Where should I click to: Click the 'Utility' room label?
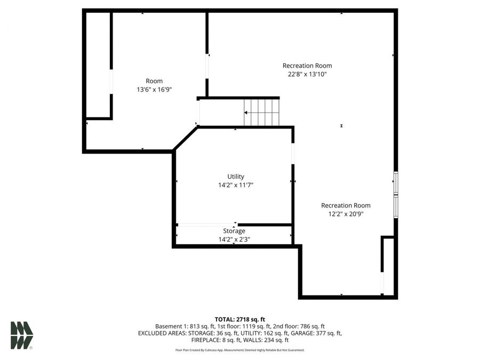235,177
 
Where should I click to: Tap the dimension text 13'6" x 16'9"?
154,90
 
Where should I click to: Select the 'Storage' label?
234,231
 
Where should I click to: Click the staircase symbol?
261,113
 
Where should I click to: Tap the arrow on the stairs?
247,113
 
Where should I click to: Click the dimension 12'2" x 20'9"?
346,214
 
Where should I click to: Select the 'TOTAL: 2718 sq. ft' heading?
239,319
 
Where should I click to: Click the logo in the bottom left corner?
21,335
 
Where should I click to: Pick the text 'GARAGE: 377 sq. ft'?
313,333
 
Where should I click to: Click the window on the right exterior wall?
396,195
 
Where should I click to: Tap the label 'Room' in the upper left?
154,81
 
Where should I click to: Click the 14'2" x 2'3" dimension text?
234,239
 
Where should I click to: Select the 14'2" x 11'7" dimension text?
235,185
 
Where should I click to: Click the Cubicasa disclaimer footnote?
239,350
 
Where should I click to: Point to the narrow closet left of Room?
99,64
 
